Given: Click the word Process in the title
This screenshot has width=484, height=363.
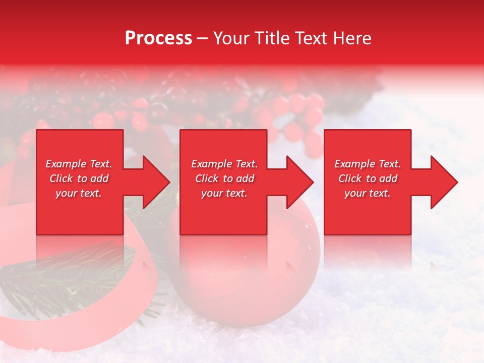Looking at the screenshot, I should [x=158, y=38].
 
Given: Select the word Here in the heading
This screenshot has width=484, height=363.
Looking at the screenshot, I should [x=352, y=38].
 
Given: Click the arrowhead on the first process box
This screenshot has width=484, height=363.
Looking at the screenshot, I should [x=154, y=182].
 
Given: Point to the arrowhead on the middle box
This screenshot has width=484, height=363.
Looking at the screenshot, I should [x=297, y=182].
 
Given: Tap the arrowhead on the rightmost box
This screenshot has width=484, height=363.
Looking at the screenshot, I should [x=442, y=182].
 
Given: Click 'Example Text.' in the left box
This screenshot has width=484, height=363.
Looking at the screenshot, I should [x=79, y=164].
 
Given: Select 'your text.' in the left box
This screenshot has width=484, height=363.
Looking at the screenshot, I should [x=79, y=193].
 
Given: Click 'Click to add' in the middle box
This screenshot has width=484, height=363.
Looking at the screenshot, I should [x=224, y=178].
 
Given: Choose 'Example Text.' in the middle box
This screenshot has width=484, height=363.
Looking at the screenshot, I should [x=224, y=164].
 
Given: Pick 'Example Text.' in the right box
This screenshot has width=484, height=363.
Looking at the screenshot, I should [x=368, y=164].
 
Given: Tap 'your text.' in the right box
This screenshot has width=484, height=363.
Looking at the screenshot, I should [x=368, y=193].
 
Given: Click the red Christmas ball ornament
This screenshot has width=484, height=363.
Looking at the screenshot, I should [x=247, y=282].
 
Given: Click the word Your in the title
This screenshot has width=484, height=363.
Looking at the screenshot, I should [x=231, y=38].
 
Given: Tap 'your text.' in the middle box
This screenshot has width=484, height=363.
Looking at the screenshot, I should [x=224, y=193].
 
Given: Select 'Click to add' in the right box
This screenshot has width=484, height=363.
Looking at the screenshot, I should [x=368, y=178].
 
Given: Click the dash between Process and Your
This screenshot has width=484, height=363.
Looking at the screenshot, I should [x=203, y=39].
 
